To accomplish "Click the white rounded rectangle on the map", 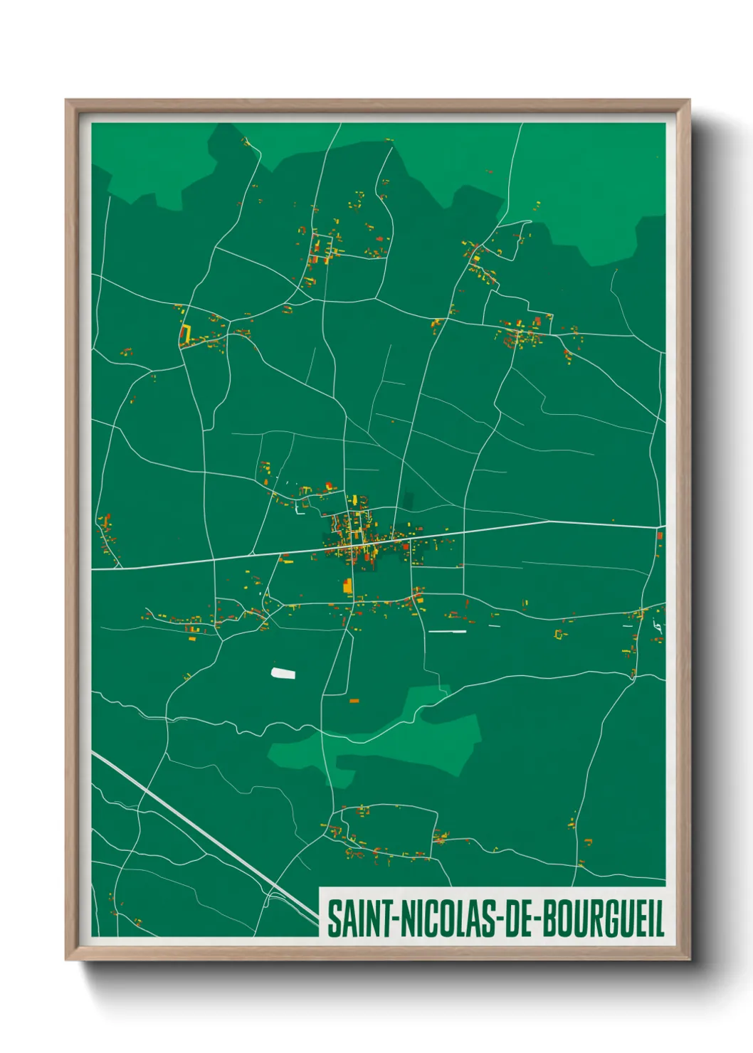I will point(283,672).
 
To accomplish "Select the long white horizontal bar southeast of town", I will point(447,631).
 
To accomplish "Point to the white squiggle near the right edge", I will point(657,627).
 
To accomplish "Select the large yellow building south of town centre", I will point(348,586).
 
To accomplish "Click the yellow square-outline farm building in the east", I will point(559,633).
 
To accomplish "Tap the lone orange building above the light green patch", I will point(354,702).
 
